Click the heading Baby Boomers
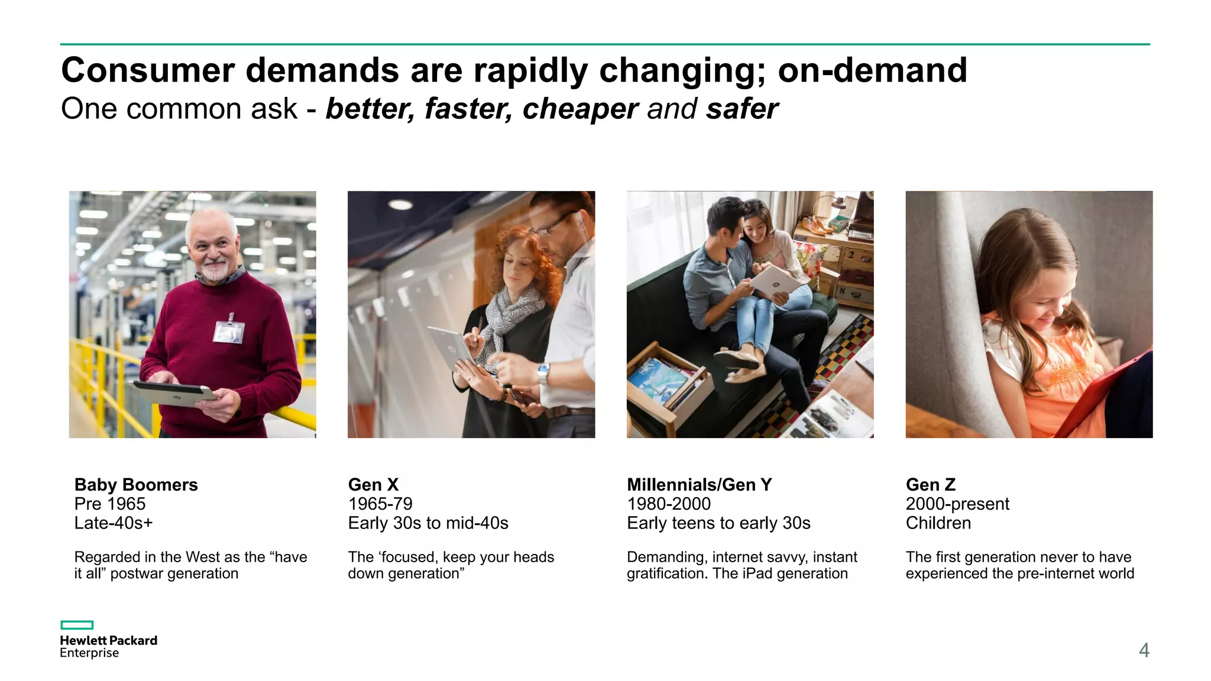click(136, 485)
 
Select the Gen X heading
click(373, 485)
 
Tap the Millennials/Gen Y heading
click(700, 485)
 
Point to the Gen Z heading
click(931, 485)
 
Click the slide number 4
click(1144, 650)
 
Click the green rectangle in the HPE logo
click(77, 625)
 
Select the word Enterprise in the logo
click(89, 653)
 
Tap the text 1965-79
click(380, 504)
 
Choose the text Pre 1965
click(110, 504)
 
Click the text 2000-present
click(957, 504)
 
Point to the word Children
click(938, 523)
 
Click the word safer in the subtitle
click(742, 109)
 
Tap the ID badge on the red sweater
click(228, 332)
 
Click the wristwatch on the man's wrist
click(543, 373)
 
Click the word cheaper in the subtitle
click(580, 109)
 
